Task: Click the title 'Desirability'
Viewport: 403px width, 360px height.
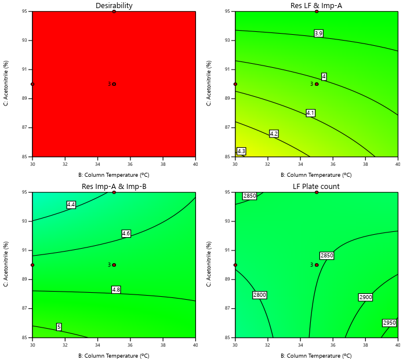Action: (x=114, y=6)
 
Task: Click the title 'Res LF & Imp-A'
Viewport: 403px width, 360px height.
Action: (x=317, y=6)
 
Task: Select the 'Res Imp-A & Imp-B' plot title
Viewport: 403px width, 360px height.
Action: (x=114, y=186)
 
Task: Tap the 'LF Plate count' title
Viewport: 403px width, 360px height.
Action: (x=317, y=186)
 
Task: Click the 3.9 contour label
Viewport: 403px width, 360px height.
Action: (x=318, y=34)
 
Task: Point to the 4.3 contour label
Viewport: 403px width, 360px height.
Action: (x=241, y=151)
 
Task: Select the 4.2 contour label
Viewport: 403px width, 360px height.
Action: (x=274, y=134)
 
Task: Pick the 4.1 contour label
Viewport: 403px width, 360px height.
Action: (x=310, y=113)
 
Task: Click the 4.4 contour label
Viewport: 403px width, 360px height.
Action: (x=71, y=205)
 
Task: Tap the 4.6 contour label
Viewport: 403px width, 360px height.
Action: (x=126, y=234)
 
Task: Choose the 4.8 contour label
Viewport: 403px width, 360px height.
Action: (x=116, y=290)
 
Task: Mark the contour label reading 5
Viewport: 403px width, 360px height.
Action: (x=59, y=327)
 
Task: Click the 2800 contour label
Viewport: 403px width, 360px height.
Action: (x=259, y=295)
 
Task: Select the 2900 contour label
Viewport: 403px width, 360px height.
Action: (x=365, y=297)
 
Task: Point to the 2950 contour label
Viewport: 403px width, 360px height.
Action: (x=389, y=323)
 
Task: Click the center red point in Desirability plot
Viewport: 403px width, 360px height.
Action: (x=114, y=84)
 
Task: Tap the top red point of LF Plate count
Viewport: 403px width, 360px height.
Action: (x=317, y=192)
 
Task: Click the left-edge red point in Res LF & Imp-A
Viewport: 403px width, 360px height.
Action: (x=235, y=84)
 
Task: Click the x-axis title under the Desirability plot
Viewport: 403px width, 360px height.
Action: (x=114, y=174)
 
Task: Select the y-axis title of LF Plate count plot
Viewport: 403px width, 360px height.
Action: (x=209, y=264)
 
